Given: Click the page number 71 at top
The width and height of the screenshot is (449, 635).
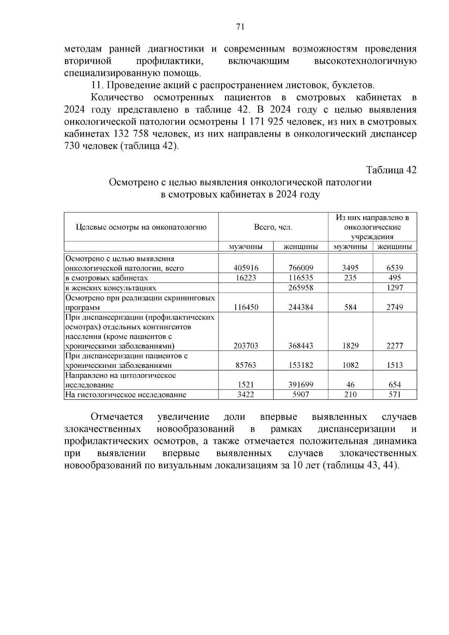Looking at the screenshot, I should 240,27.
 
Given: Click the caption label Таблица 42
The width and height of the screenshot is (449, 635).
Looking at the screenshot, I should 391,170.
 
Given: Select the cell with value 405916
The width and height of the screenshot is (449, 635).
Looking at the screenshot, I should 246,268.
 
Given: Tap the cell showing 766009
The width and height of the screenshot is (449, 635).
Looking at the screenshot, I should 301,268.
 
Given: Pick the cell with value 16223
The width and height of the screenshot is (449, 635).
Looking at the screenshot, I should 246,278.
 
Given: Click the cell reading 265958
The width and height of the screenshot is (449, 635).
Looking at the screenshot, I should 301,288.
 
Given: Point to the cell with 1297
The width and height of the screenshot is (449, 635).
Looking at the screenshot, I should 395,288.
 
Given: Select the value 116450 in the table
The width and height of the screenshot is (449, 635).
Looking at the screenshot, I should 246,307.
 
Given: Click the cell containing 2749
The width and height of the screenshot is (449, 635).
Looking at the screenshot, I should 395,307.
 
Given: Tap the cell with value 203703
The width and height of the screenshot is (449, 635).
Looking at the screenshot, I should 246,346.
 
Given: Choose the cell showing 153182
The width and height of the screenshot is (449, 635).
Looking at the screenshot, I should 301,365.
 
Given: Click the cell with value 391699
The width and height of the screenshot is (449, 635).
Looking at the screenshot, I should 301,385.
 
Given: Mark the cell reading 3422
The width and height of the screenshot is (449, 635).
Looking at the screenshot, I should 246,394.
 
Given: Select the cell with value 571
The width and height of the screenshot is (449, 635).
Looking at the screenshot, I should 395,394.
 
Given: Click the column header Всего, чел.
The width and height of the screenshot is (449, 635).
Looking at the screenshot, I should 273,227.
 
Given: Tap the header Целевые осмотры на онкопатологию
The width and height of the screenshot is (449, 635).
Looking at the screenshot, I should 141,227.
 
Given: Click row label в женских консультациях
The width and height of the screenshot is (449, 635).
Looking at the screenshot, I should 111,288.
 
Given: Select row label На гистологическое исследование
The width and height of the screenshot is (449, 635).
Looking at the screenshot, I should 126,394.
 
